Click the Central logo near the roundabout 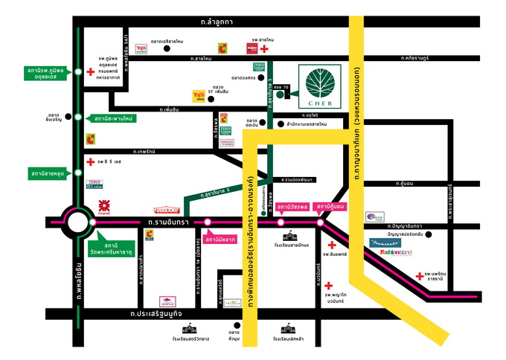point(104,203)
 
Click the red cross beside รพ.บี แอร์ point(90,161)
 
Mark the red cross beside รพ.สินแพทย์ point(332,245)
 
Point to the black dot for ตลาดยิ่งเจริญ point(77,117)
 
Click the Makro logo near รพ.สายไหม point(252,48)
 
